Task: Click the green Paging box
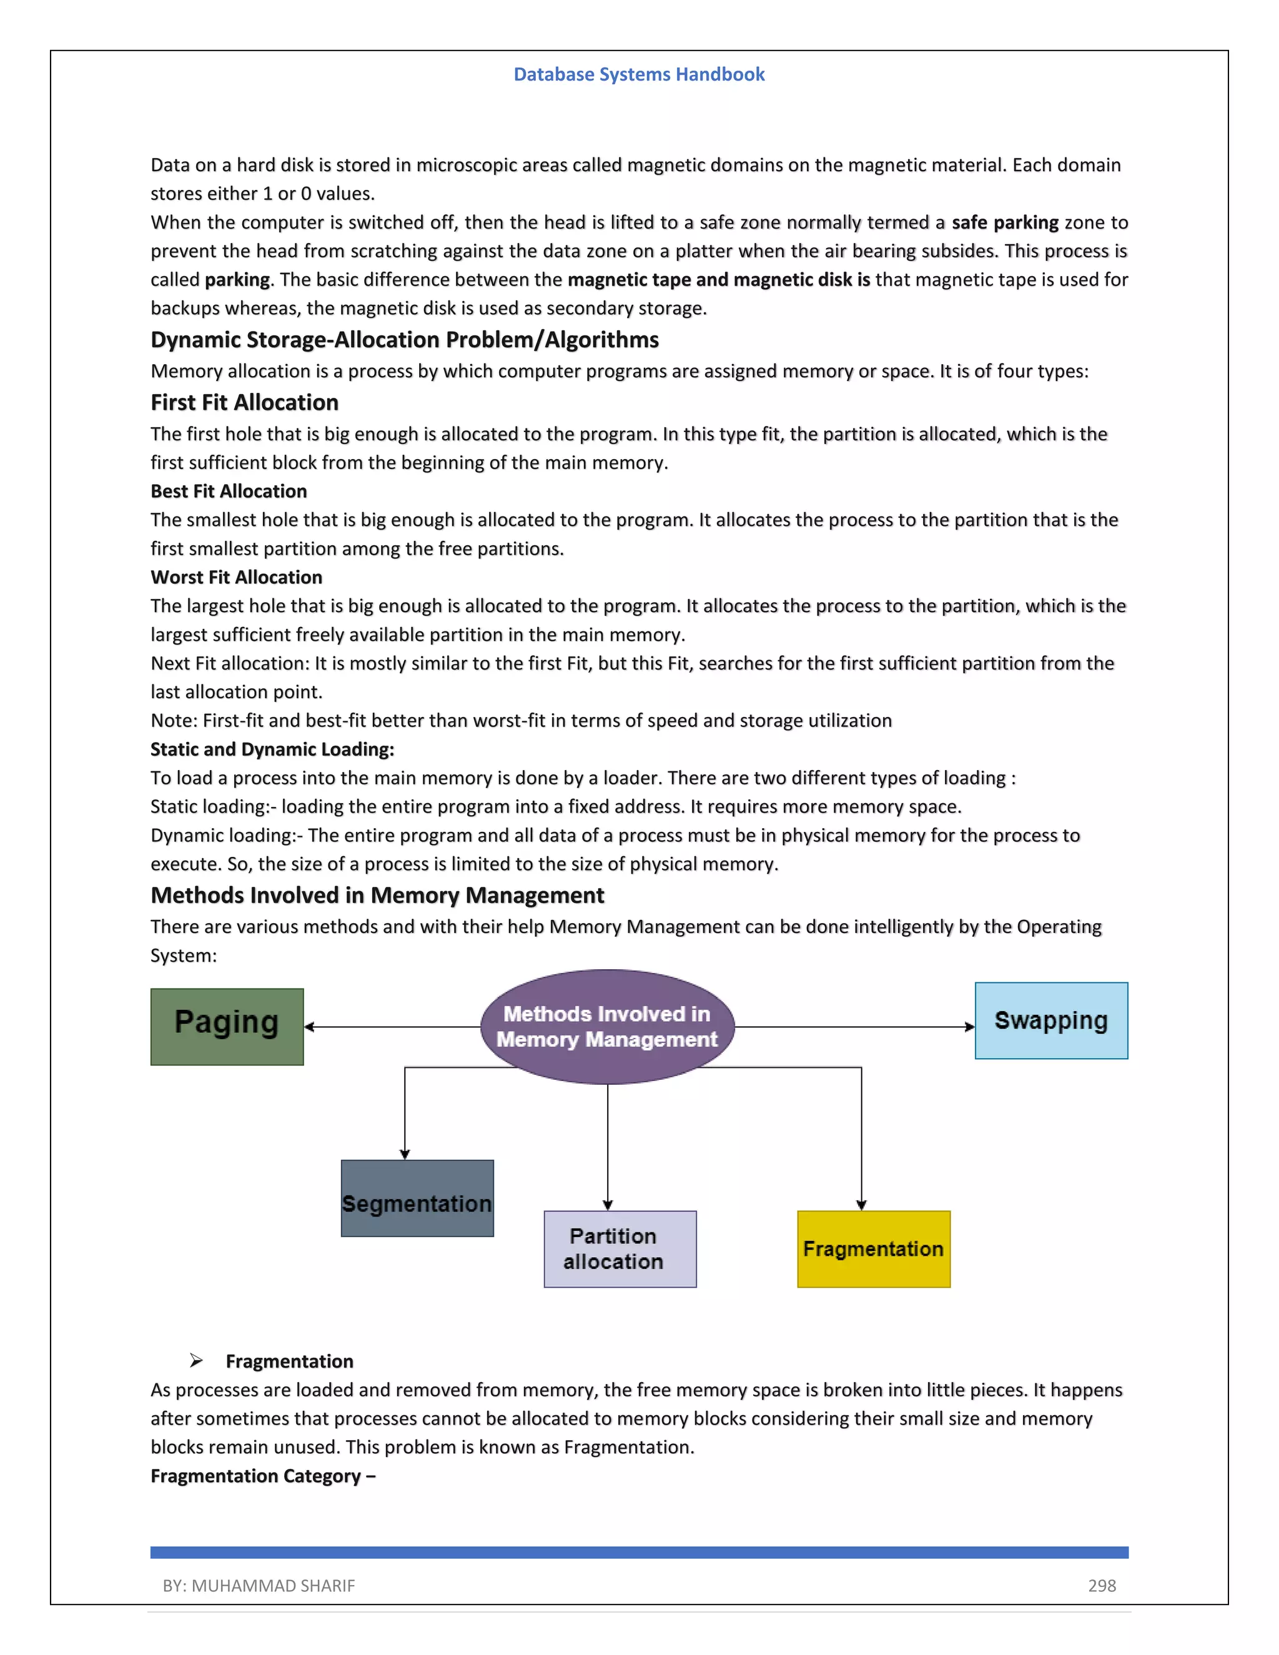(x=227, y=1026)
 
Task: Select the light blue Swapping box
(x=1051, y=1020)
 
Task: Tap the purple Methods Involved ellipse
(x=607, y=1027)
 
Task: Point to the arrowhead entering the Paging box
(x=309, y=1027)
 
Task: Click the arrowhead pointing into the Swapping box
(x=969, y=1027)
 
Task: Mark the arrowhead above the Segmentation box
(x=405, y=1154)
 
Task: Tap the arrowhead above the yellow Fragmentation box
(x=861, y=1204)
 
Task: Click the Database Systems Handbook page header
(x=639, y=74)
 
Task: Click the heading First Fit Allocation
(x=244, y=402)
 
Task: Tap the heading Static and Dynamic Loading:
(x=272, y=749)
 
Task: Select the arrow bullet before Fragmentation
(x=196, y=1361)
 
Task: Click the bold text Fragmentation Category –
(x=262, y=1476)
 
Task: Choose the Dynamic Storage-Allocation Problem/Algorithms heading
(x=404, y=340)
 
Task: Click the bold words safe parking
(x=1005, y=222)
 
